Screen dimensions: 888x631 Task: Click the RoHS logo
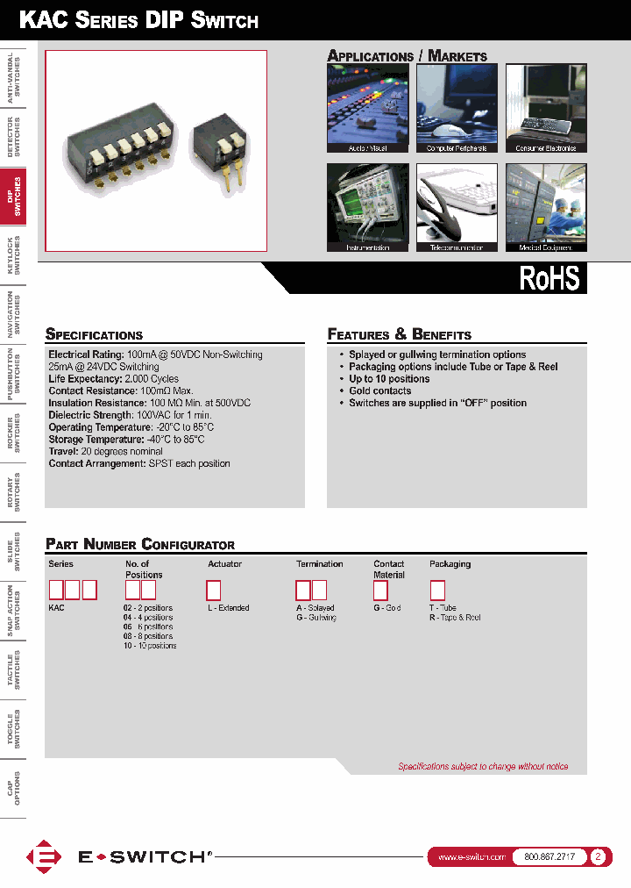tap(549, 277)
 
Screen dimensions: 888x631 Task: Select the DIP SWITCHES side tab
tap(13, 197)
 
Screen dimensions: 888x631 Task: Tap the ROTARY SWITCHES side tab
tap(13, 492)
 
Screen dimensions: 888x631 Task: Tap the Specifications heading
tap(94, 334)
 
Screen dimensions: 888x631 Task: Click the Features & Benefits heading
tap(399, 334)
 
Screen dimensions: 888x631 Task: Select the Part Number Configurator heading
tap(140, 544)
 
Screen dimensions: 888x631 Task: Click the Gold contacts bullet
tap(379, 390)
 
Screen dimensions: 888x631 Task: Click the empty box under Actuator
tap(213, 590)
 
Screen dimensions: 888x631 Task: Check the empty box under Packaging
tap(437, 590)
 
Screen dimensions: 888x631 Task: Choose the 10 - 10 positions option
tap(150, 646)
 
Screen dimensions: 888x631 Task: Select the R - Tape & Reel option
tap(455, 618)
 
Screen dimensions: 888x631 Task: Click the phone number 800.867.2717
tap(549, 857)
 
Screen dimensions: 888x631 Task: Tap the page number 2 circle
tap(599, 857)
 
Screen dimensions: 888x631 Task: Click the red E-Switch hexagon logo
tap(44, 857)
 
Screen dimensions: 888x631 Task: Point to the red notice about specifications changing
tap(483, 766)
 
